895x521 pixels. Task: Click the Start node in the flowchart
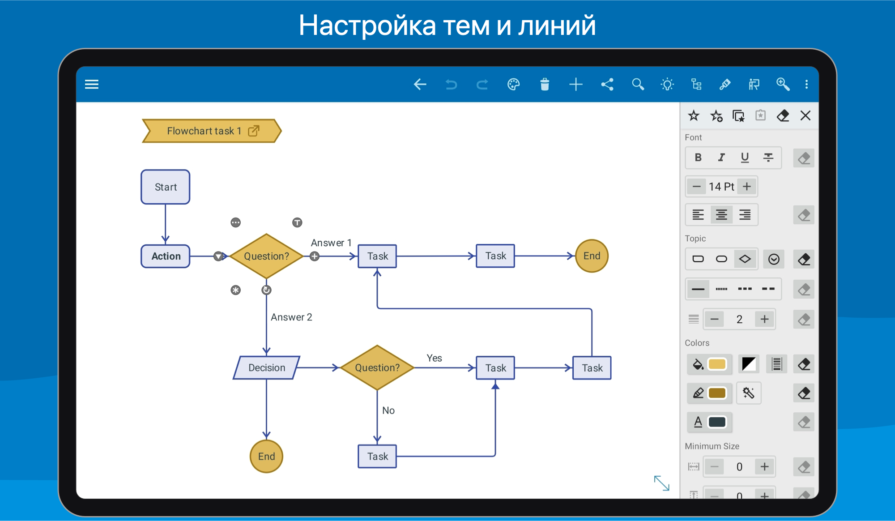pyautogui.click(x=166, y=187)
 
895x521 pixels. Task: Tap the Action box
pyautogui.click(x=166, y=256)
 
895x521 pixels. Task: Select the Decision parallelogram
pyautogui.click(x=267, y=367)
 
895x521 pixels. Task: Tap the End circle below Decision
pyautogui.click(x=266, y=456)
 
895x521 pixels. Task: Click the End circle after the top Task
pyautogui.click(x=592, y=256)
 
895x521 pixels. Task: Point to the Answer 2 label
pyautogui.click(x=291, y=317)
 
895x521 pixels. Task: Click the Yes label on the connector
pyautogui.click(x=434, y=358)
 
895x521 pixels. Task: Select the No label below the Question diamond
pyautogui.click(x=388, y=410)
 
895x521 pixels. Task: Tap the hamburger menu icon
pyautogui.click(x=92, y=84)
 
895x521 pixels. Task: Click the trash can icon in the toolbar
pyautogui.click(x=545, y=84)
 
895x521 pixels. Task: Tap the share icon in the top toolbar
pyautogui.click(x=607, y=84)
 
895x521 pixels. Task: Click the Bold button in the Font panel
pyautogui.click(x=698, y=158)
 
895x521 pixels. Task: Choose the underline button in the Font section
pyautogui.click(x=745, y=158)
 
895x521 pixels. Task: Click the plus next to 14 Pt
pyautogui.click(x=747, y=186)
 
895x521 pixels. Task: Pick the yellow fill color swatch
pyautogui.click(x=717, y=364)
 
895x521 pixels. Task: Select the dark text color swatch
pyautogui.click(x=717, y=422)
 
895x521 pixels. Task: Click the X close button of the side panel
pyautogui.click(x=805, y=115)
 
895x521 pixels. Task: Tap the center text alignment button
pyautogui.click(x=721, y=215)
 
